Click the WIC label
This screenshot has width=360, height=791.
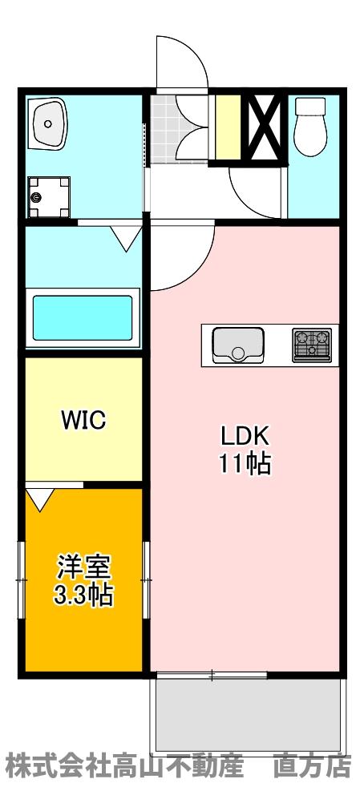point(83,421)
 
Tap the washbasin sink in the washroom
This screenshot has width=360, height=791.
point(50,123)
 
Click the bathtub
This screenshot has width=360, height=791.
point(82,318)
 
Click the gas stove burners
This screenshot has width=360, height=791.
point(313,345)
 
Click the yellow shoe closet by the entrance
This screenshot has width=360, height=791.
point(228,128)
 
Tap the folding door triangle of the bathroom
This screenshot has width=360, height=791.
point(125,238)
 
